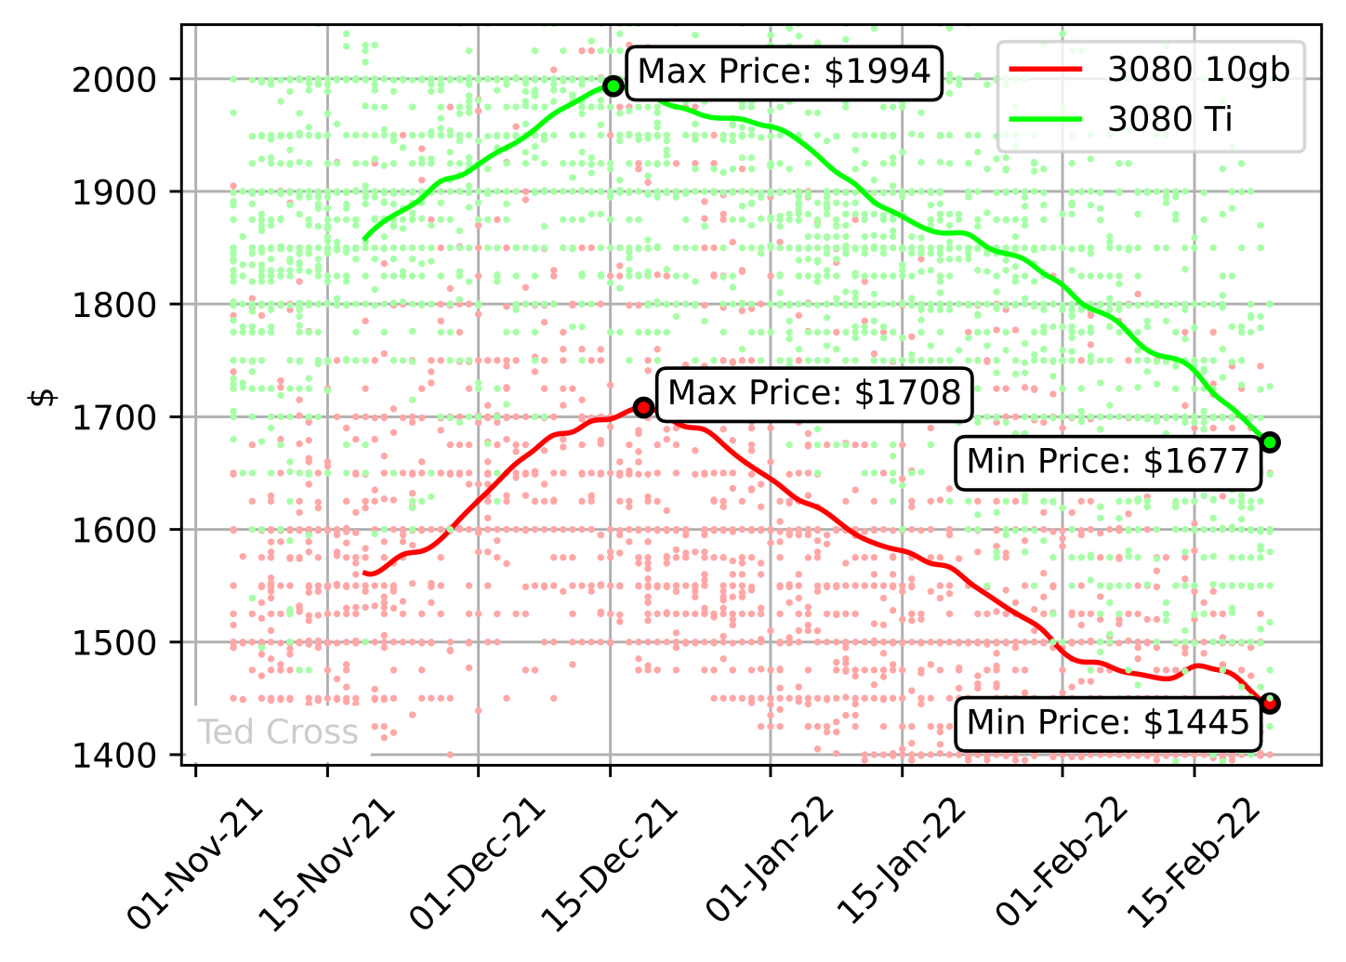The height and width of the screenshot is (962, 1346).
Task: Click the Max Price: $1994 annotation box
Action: coord(784,72)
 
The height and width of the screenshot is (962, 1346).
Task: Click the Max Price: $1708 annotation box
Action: coord(813,393)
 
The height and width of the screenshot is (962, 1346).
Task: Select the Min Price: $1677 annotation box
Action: coord(1108,461)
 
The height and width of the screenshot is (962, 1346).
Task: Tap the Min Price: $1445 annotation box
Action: coord(1108,722)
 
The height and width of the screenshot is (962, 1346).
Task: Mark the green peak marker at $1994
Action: coord(613,86)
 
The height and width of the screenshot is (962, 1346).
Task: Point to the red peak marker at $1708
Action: coord(643,406)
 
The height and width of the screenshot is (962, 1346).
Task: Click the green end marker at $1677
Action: coord(1271,442)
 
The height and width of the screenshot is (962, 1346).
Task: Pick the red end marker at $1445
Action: coord(1271,704)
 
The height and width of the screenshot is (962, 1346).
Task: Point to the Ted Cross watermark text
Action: coord(278,732)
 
